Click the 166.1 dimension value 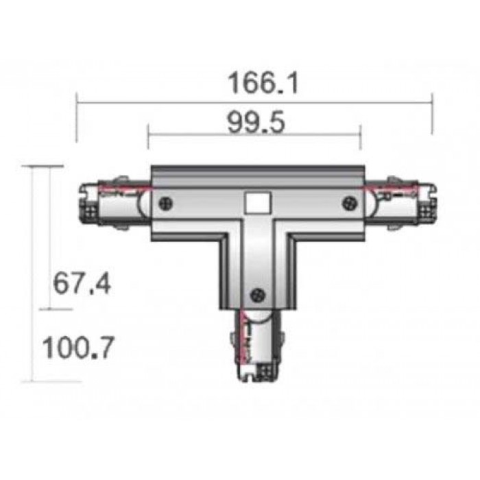(263, 83)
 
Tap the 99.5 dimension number (256, 123)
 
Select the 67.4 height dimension (82, 284)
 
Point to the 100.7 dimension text (78, 348)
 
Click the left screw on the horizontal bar (166, 203)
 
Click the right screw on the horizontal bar (350, 203)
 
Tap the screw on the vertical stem (258, 295)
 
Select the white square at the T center (258, 203)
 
